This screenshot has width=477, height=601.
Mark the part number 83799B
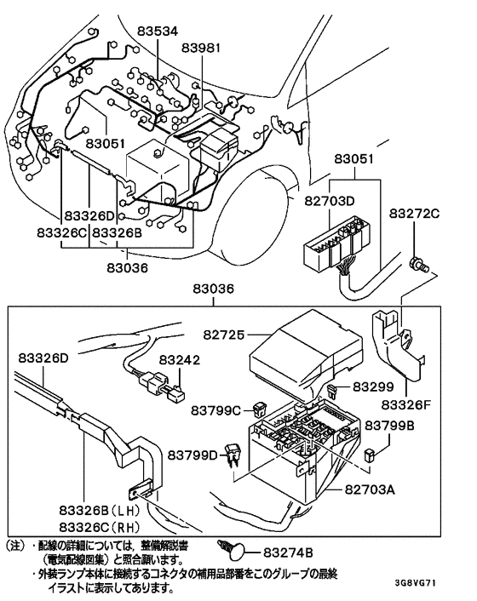[x=390, y=424]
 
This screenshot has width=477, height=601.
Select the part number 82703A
[x=376, y=489]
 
